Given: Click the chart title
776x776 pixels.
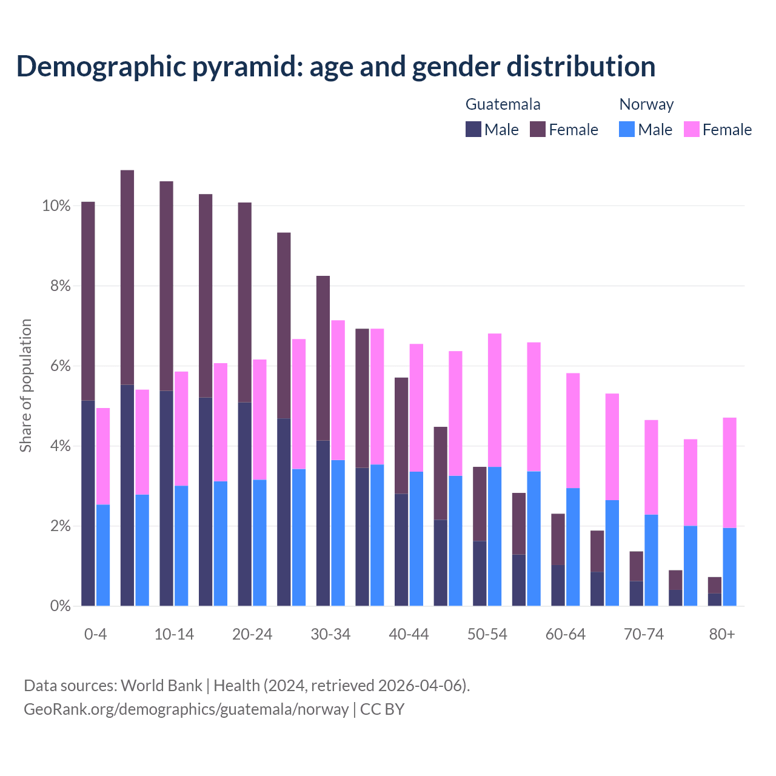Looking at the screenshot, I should (x=336, y=67).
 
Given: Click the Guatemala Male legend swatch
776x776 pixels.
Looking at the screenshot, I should (x=473, y=129).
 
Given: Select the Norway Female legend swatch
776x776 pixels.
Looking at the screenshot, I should (x=691, y=129).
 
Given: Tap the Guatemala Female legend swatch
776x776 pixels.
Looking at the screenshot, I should (x=538, y=129).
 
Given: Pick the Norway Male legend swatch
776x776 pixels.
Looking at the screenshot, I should (x=627, y=129).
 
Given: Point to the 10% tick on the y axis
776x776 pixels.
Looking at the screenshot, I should (x=56, y=206).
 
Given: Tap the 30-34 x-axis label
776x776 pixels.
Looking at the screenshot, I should (x=330, y=635).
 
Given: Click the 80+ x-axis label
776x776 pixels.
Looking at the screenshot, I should (x=722, y=635).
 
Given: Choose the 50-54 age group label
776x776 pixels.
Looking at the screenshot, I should (x=487, y=635).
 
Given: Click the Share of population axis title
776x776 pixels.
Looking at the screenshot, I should (x=25, y=386).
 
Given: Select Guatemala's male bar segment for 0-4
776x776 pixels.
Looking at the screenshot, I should (x=88, y=503).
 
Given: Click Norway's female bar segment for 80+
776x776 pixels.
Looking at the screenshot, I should (x=730, y=473).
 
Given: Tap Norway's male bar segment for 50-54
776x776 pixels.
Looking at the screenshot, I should (x=495, y=537).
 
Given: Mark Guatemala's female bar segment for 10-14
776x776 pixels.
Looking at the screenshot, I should (x=166, y=286).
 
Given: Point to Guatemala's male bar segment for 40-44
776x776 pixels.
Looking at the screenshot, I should (x=401, y=550).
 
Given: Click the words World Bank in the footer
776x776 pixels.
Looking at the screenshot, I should (x=162, y=686).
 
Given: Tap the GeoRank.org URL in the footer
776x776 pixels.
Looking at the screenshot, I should (x=186, y=709).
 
